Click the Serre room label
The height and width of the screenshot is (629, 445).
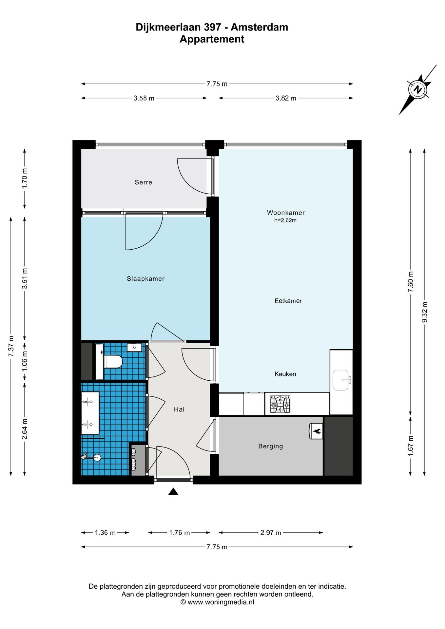[x=143, y=182]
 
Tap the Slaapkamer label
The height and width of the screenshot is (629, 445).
[x=145, y=279]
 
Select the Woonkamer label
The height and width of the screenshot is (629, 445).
[x=286, y=213]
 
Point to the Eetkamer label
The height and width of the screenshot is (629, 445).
[x=288, y=301]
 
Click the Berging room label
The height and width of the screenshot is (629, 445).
[x=270, y=446]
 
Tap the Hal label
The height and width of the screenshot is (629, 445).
[x=179, y=409]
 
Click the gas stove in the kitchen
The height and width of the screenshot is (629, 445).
[x=280, y=404]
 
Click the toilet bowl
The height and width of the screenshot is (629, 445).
[x=113, y=362]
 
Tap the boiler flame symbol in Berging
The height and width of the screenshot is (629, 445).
[x=317, y=431]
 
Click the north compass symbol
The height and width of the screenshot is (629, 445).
[x=417, y=89]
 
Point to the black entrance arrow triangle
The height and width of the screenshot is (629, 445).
[x=173, y=491]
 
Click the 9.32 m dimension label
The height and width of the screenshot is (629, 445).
[x=424, y=312]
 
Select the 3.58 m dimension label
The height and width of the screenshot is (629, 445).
[x=144, y=98]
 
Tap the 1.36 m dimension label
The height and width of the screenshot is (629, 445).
[x=105, y=533]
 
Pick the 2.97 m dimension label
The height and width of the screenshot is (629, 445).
[x=271, y=533]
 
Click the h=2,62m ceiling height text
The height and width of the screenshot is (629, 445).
[x=285, y=220]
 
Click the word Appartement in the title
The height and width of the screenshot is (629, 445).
[x=212, y=39]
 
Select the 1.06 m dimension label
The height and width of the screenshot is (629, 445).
[x=25, y=361]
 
